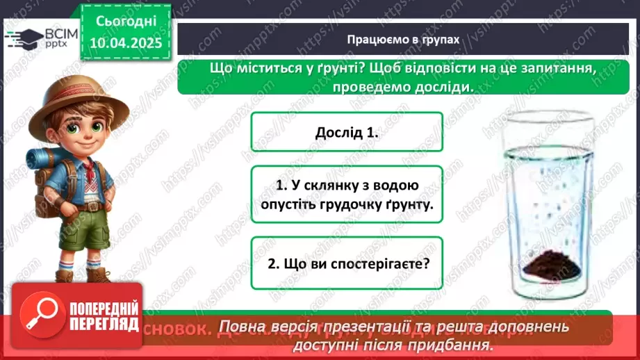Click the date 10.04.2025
coord(126,43)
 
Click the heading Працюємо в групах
coord(403,40)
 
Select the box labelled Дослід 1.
coord(346,133)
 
